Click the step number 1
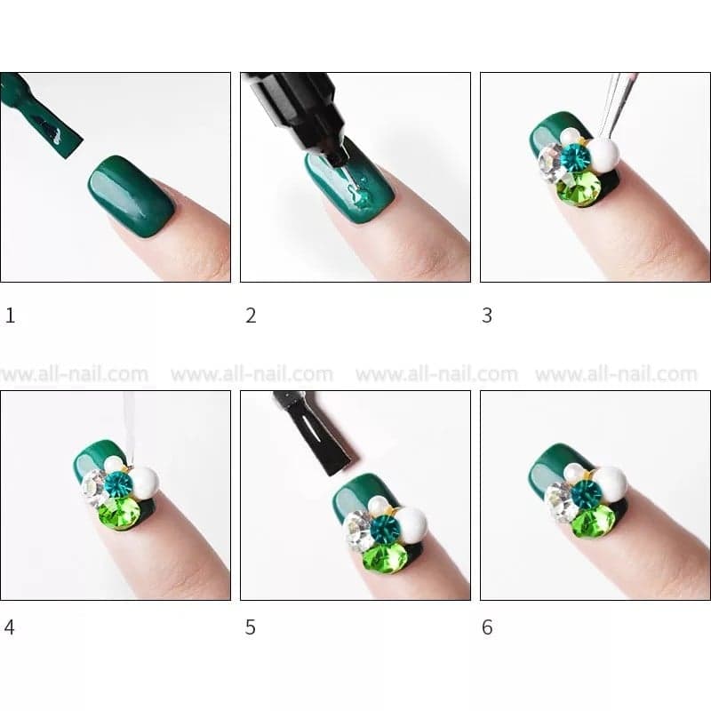pyautogui.click(x=11, y=316)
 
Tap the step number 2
pyautogui.click(x=251, y=316)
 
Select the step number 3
pyautogui.click(x=487, y=316)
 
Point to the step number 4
pyautogui.click(x=10, y=627)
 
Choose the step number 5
pyautogui.click(x=251, y=627)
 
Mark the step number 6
pyautogui.click(x=487, y=627)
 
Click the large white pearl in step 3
pyautogui.click(x=603, y=156)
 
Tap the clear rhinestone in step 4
pyautogui.click(x=94, y=486)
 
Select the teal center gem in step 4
pyautogui.click(x=117, y=484)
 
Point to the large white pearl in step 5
pyautogui.click(x=411, y=523)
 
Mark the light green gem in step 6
pyautogui.click(x=592, y=521)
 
